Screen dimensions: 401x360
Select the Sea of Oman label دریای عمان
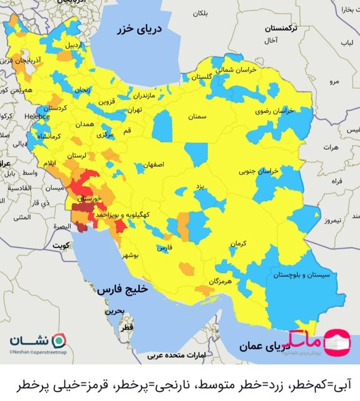point(254,346)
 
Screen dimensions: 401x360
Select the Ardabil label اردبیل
point(73,45)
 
